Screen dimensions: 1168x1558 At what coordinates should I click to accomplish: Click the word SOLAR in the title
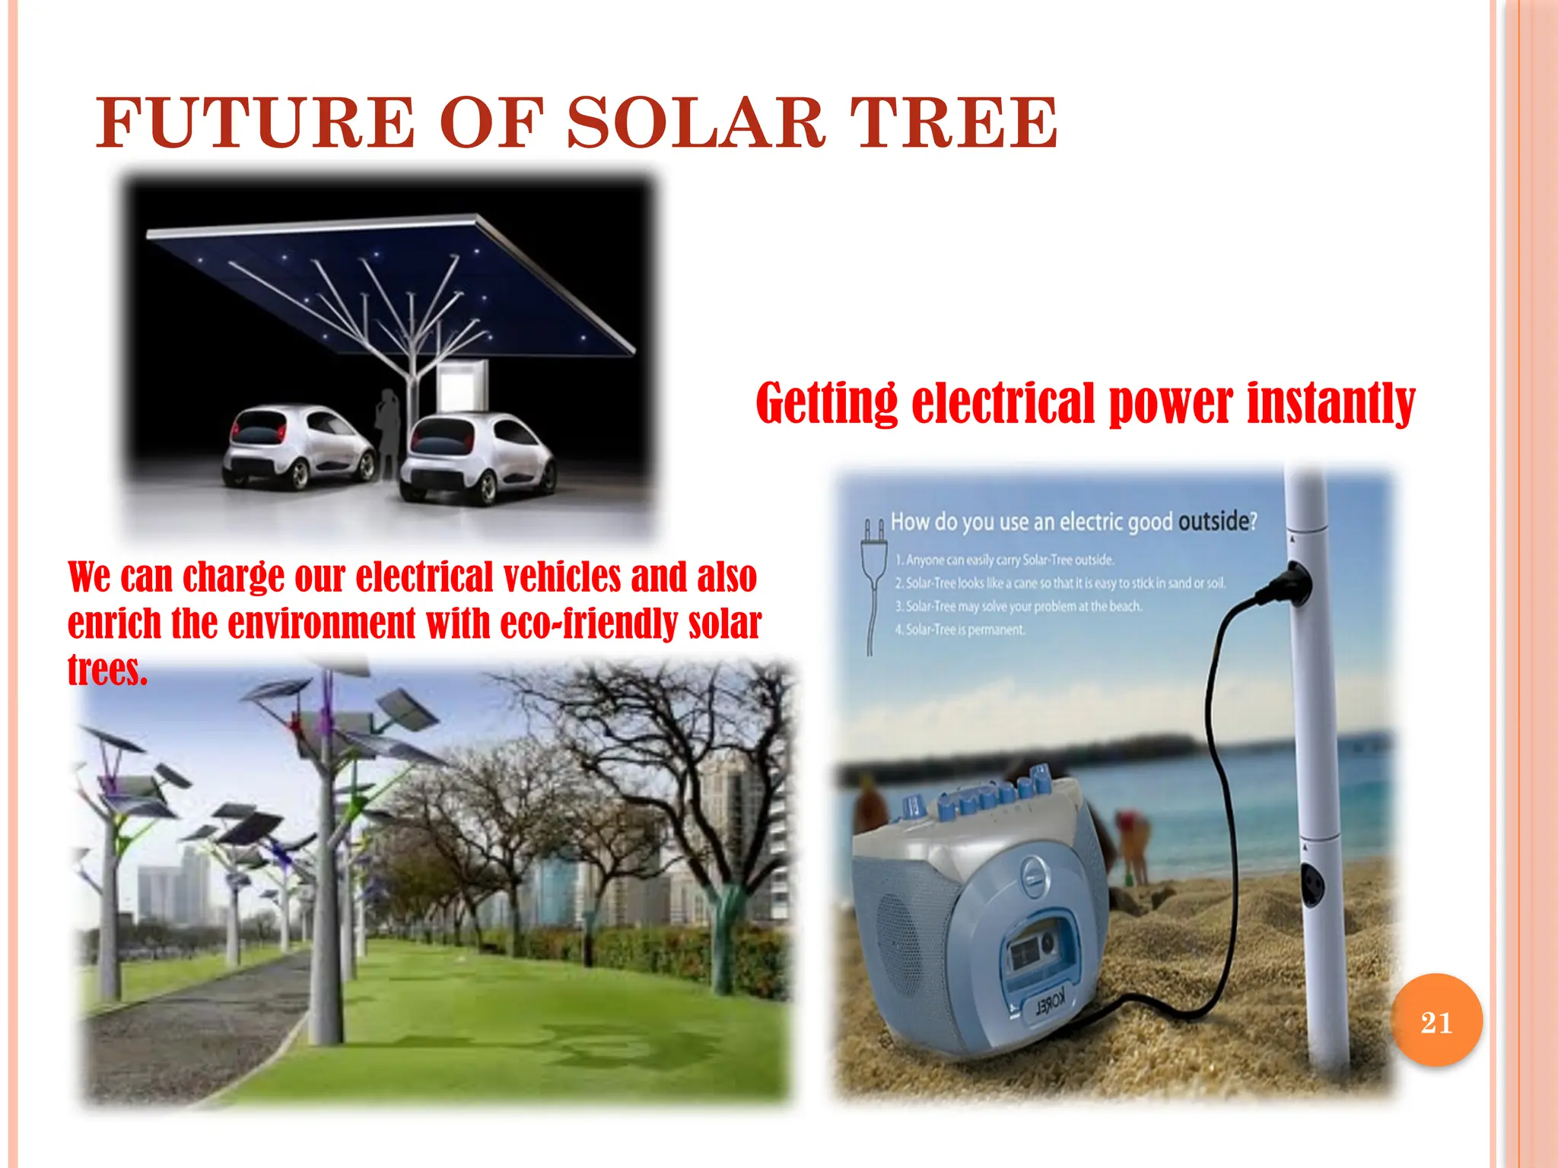pos(696,122)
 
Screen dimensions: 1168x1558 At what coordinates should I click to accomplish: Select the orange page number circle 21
pos(1436,1021)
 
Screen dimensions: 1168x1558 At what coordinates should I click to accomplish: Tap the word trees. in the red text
pos(107,670)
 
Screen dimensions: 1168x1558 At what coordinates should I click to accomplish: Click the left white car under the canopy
pos(298,447)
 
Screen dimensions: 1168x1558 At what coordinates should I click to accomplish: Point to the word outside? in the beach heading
pos(1217,522)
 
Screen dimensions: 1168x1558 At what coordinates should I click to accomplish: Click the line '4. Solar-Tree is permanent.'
pos(960,630)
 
